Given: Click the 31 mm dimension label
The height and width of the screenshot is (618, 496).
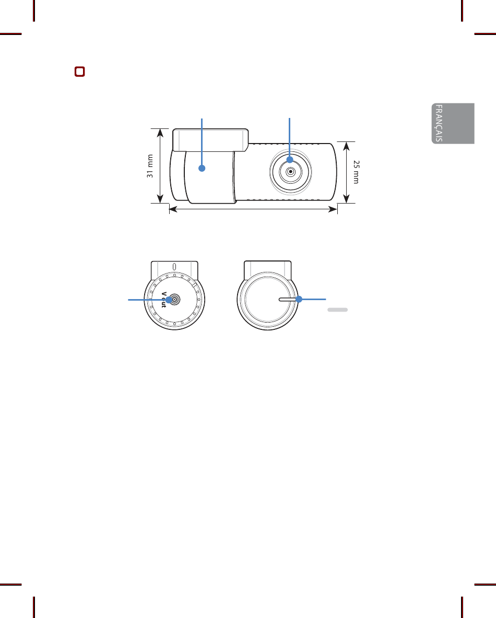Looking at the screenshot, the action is (x=150, y=166).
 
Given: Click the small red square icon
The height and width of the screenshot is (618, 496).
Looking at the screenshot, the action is (x=79, y=72).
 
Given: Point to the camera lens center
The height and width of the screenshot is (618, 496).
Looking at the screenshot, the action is (x=290, y=171).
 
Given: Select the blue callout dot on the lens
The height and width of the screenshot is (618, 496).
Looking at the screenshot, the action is (x=290, y=159).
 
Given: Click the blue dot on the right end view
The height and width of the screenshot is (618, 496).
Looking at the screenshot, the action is (x=299, y=300).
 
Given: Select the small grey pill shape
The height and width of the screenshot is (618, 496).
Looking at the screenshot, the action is (x=337, y=310).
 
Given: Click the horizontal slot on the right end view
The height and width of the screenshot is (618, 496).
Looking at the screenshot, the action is (x=287, y=300).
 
